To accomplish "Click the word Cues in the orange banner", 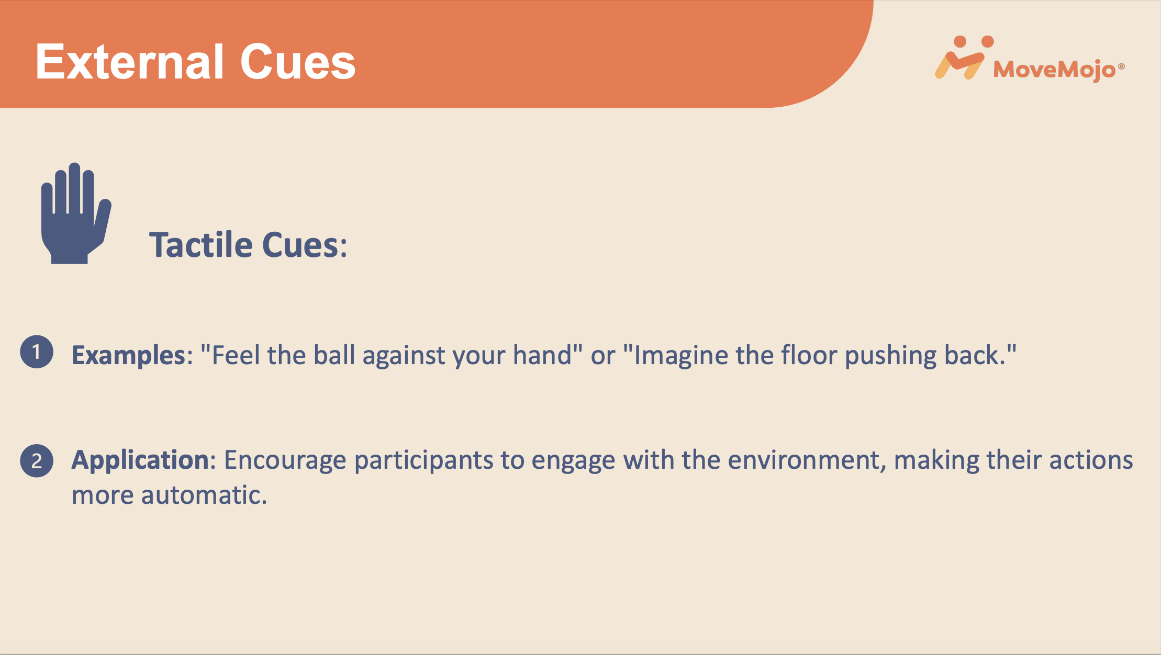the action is (x=298, y=62).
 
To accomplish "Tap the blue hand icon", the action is (x=76, y=213).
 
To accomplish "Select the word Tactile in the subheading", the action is (x=201, y=244).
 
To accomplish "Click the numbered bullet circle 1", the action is (x=37, y=352).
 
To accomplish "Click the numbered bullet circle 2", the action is (x=37, y=461).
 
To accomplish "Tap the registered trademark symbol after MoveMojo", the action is (x=1121, y=66).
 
